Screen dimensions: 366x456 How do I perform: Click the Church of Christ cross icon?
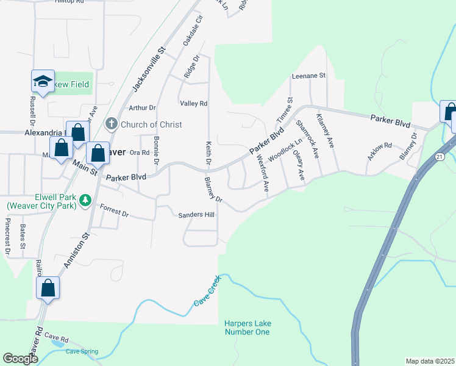pyautogui.click(x=111, y=124)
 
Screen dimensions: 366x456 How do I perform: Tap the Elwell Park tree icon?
pyautogui.click(x=86, y=199)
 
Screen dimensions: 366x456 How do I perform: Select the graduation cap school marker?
pyautogui.click(x=43, y=81)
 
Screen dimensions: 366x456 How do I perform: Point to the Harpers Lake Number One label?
pyautogui.click(x=247, y=328)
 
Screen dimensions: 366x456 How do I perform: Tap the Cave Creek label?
pyautogui.click(x=210, y=292)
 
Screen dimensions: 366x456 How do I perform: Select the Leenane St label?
pyautogui.click(x=308, y=76)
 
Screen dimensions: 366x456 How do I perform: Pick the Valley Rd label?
pyautogui.click(x=194, y=104)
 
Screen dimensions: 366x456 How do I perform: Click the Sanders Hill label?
pyautogui.click(x=196, y=215)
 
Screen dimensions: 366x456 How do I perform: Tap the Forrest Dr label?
pyautogui.click(x=114, y=212)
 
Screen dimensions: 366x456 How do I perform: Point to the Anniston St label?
pyautogui.click(x=77, y=249)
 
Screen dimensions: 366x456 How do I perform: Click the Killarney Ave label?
pyautogui.click(x=325, y=129)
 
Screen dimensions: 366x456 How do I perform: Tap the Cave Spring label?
pyautogui.click(x=82, y=351)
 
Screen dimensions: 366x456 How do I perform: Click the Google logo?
pyautogui.click(x=20, y=359)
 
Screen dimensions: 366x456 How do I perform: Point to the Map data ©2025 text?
pyautogui.click(x=430, y=361)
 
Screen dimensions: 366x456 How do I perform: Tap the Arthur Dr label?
pyautogui.click(x=143, y=108)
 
